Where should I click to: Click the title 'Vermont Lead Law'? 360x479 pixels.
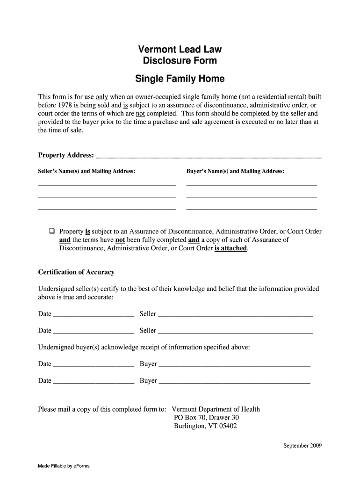pos(180,49)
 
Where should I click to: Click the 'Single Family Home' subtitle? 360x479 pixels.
pos(180,79)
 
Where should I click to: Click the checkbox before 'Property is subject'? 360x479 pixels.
pos(52,231)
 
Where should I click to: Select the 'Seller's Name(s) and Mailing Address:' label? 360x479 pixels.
pos(86,171)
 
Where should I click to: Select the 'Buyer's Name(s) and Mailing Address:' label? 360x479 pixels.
pos(235,171)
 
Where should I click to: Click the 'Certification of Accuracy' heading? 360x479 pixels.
pos(76,272)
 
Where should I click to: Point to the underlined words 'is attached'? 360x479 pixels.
pos(231,248)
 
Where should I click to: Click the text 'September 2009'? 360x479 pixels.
pos(302,445)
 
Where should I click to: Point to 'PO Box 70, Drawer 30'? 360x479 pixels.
pos(206,418)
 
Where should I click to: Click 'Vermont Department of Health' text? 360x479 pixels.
pos(216,409)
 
